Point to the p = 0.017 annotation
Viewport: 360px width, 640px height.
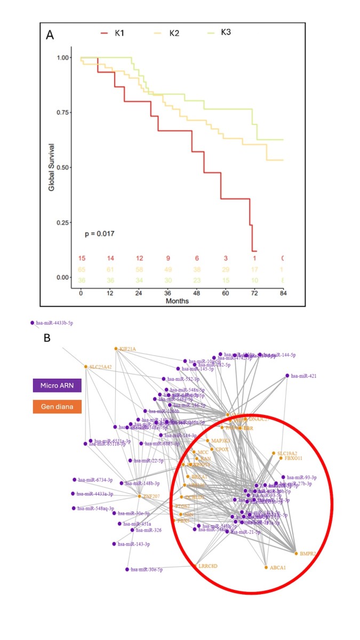point(99,234)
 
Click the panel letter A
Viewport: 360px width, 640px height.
point(50,35)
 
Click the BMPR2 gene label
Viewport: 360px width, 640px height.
point(308,554)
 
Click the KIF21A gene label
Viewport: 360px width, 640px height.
point(127,349)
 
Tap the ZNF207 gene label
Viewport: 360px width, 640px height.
point(151,497)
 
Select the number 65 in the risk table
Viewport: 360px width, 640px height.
point(82,269)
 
